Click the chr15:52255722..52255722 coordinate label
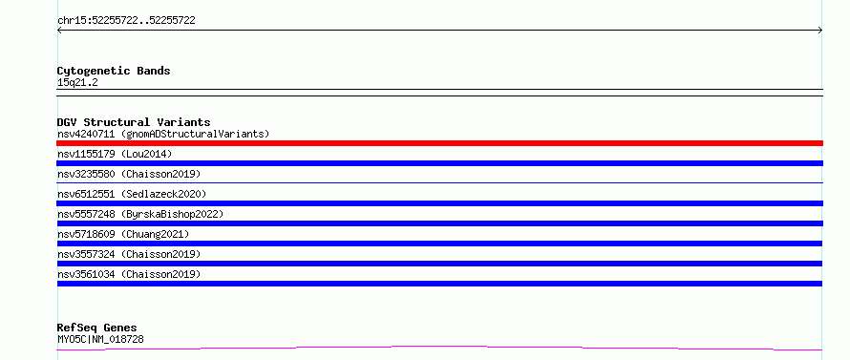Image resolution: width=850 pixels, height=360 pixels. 126,21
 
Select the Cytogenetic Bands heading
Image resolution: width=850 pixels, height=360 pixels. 114,71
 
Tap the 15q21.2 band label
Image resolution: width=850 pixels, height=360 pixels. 77,83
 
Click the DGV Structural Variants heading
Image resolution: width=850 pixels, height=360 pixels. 134,122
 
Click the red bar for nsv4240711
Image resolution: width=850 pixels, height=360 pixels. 439,143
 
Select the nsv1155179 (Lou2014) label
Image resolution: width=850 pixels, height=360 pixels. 115,154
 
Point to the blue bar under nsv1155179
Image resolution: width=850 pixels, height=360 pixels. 439,163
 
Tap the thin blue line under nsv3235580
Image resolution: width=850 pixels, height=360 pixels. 439,182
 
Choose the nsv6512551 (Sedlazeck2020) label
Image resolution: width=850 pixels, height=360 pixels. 132,194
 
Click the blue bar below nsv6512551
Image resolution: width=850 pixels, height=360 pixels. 439,203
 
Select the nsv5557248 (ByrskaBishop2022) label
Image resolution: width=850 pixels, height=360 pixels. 140,214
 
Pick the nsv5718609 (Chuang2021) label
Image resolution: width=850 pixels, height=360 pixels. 123,234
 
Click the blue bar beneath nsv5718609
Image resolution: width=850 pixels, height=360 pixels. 439,244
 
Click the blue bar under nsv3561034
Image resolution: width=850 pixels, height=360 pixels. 439,284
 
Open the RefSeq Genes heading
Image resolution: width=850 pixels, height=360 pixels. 96,328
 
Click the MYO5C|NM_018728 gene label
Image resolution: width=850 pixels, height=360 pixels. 100,340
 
